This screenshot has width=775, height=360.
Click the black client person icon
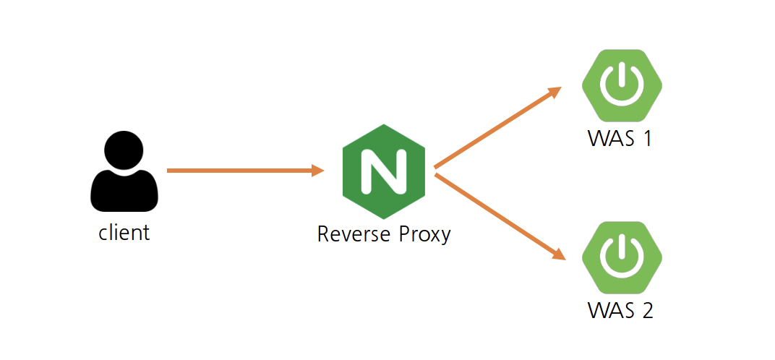click(x=124, y=173)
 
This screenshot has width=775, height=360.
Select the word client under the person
click(x=124, y=232)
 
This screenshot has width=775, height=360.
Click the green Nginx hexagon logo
click(x=383, y=171)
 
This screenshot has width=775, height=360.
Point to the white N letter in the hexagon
click(x=383, y=172)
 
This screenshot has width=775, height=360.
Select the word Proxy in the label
click(x=424, y=234)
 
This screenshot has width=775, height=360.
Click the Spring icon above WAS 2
click(x=622, y=254)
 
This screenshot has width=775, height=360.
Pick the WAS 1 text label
click(x=620, y=137)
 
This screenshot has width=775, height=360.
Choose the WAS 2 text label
click(x=620, y=311)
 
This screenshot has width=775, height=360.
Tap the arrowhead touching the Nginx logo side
click(x=317, y=171)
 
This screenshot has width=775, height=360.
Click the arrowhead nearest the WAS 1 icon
click(x=555, y=93)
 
